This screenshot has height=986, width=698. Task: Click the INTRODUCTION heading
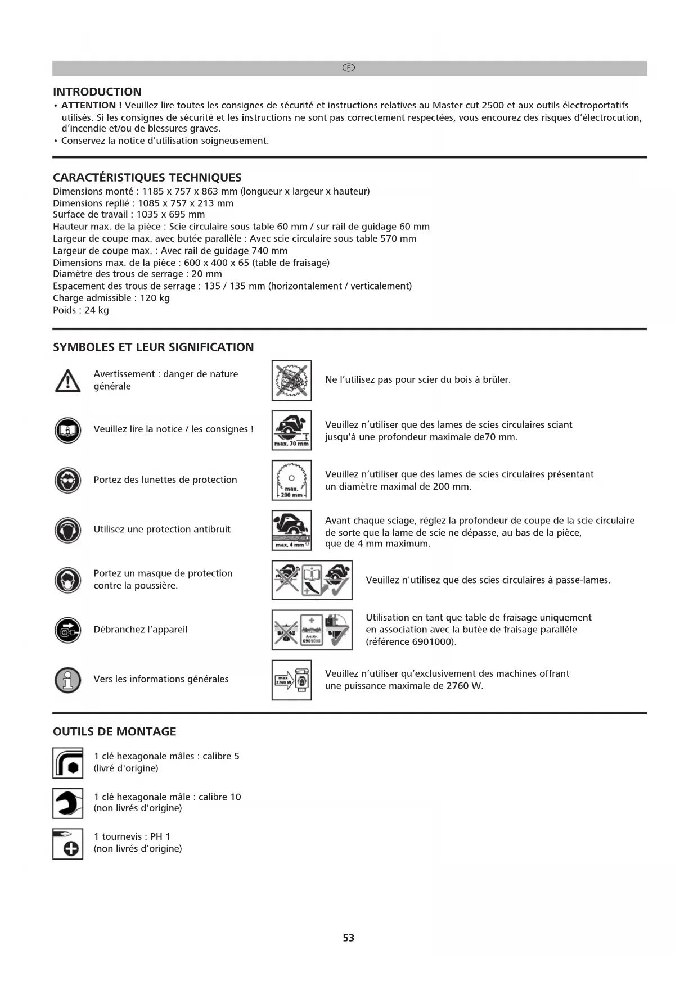[x=97, y=92]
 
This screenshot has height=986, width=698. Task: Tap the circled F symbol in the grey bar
[x=349, y=68]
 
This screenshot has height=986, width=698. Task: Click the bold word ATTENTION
[x=90, y=106]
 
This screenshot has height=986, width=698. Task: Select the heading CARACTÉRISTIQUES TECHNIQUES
[x=147, y=178]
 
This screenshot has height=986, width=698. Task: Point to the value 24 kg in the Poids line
[x=97, y=310]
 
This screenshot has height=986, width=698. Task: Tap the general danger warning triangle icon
[x=68, y=381]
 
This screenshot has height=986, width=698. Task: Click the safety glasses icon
[x=68, y=480]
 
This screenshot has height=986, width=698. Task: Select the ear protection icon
[x=68, y=530]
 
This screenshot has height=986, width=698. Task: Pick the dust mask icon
[x=68, y=580]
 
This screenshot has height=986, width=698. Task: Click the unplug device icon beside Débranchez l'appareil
[x=68, y=630]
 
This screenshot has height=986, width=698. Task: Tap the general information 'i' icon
[x=68, y=679]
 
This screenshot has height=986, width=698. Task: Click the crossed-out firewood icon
[x=291, y=381]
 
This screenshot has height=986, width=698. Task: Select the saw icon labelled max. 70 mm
[x=291, y=430]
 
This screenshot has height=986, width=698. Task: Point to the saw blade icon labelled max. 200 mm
[x=291, y=480]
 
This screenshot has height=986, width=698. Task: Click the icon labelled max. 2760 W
[x=291, y=680]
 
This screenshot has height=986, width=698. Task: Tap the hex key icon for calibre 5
[x=68, y=763]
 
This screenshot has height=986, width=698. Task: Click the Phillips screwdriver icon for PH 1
[x=68, y=843]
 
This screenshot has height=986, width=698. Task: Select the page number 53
[x=349, y=938]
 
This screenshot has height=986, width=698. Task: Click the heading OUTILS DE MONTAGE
[x=115, y=731]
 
